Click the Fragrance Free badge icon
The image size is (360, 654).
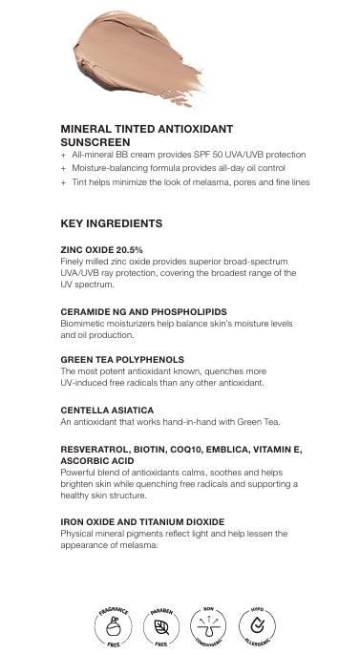click(113, 626)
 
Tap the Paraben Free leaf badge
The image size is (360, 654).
click(161, 626)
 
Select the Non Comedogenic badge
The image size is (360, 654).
click(208, 626)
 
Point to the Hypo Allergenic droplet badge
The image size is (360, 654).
click(255, 626)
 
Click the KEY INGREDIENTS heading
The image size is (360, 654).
click(111, 223)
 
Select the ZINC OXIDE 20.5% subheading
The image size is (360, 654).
click(95, 249)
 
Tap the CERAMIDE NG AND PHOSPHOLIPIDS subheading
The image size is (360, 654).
click(143, 311)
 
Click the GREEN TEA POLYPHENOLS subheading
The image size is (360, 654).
click(122, 359)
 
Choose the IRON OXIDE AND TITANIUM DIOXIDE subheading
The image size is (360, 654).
click(142, 522)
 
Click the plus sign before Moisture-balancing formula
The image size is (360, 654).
click(63, 168)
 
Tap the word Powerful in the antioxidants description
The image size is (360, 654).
click(79, 472)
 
